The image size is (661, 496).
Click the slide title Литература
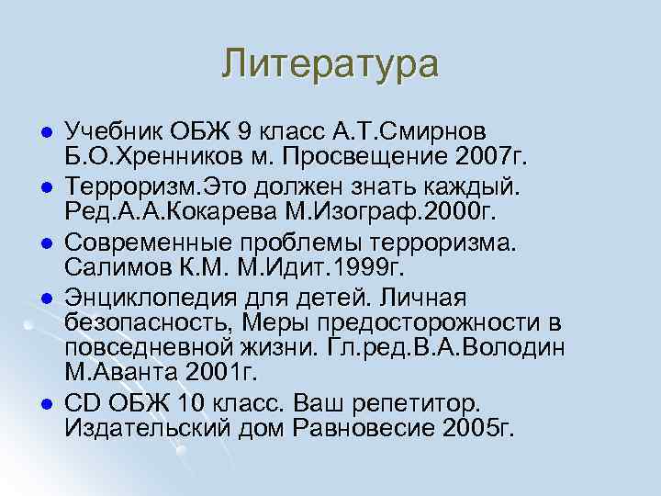330,64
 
